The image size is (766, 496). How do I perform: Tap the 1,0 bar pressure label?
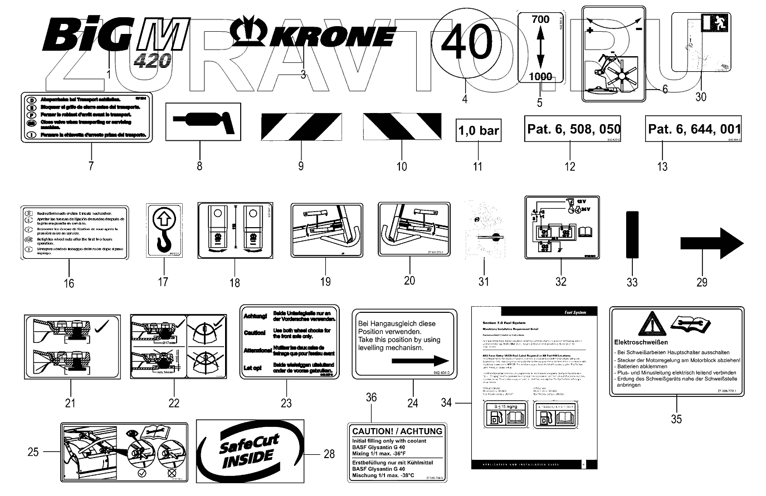479,131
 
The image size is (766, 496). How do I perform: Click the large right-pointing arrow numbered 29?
712,243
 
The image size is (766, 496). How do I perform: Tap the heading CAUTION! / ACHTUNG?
397,430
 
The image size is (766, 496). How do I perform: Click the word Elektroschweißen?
641,342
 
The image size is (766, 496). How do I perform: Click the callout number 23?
286,402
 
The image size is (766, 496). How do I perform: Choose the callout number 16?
69,283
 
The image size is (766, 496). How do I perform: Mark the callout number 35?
676,419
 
